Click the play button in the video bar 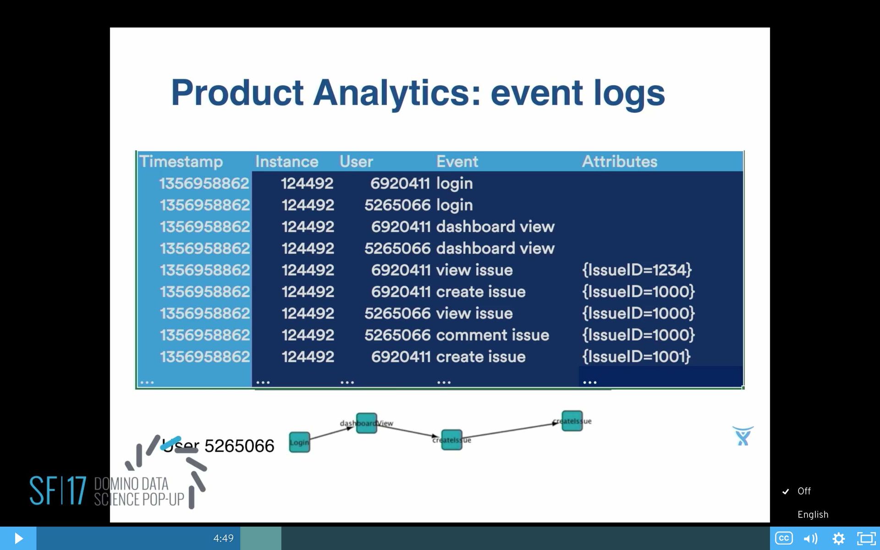[18, 538]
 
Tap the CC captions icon [784, 538]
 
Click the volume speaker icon [810, 539]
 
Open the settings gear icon [838, 539]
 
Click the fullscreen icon [866, 539]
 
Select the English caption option [813, 514]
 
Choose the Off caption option [804, 491]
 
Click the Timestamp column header [181, 161]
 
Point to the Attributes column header [619, 161]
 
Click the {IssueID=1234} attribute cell [637, 270]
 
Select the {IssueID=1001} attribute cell [636, 357]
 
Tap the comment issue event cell [492, 335]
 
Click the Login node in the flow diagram [299, 442]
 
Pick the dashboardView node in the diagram [367, 423]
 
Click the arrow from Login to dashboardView [332, 433]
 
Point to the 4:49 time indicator [223, 538]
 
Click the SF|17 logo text [58, 490]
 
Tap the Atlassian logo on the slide [742, 436]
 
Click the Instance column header [286, 161]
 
